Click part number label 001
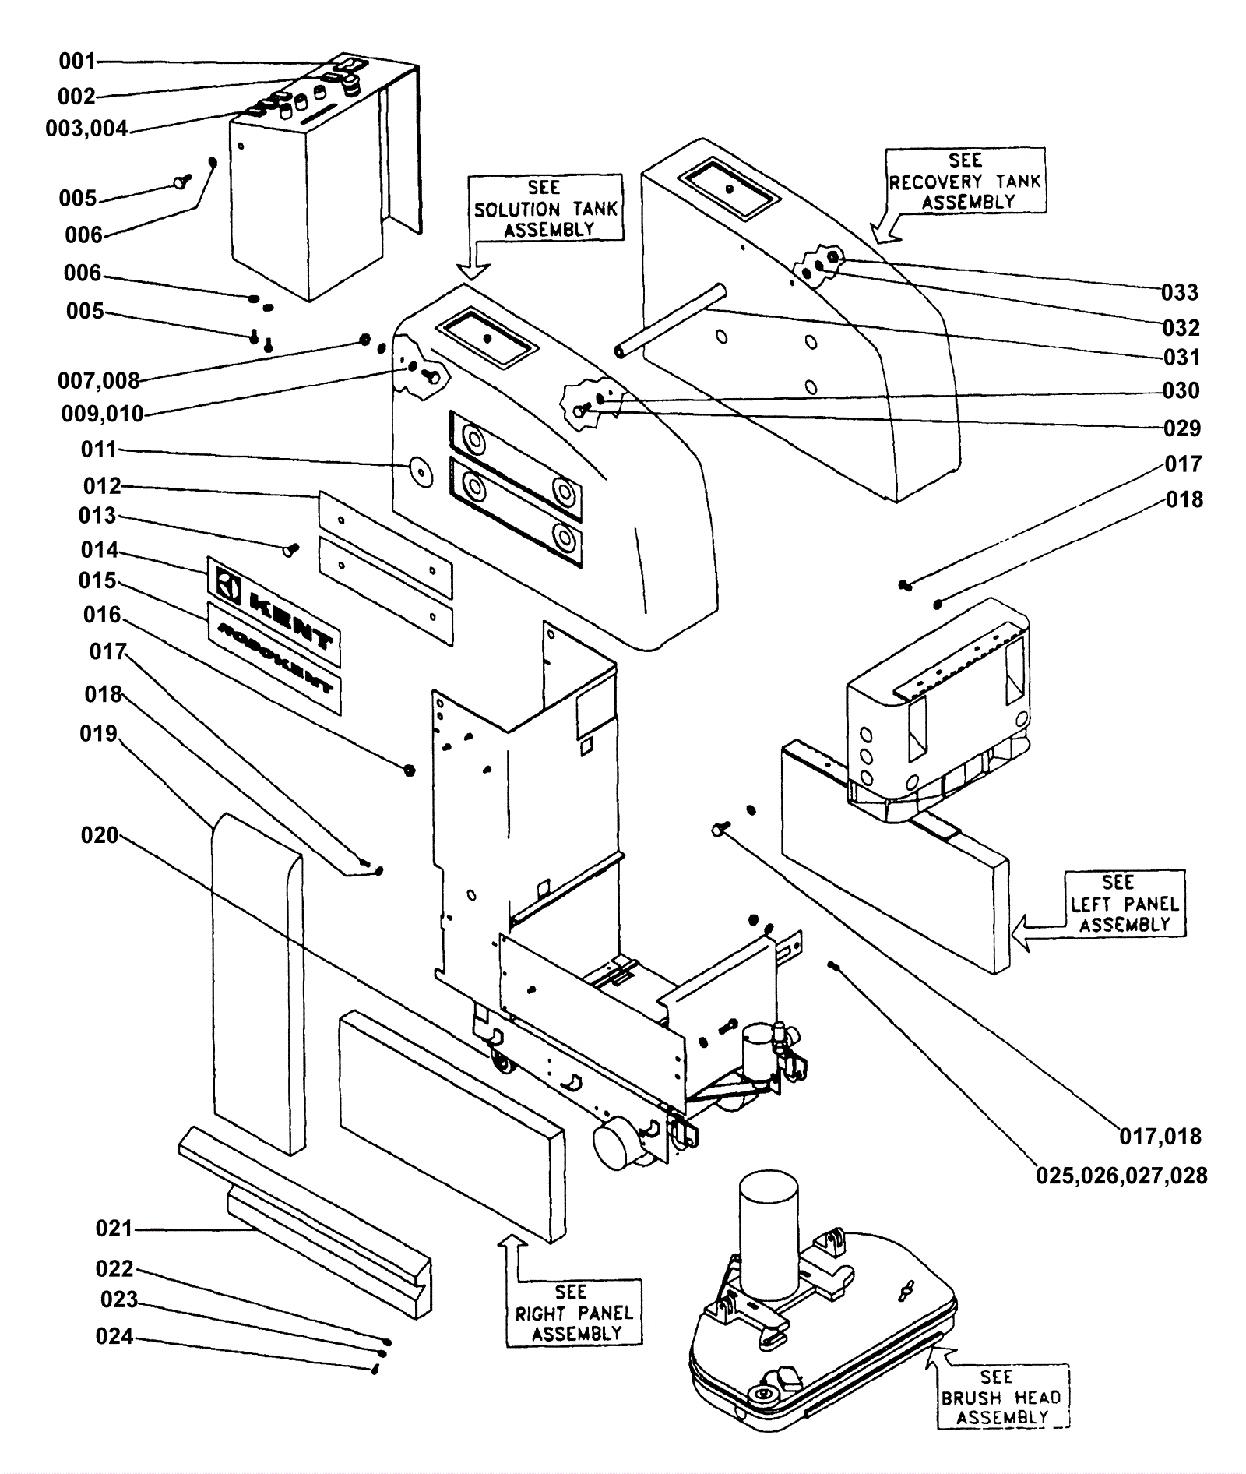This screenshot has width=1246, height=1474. [x=77, y=61]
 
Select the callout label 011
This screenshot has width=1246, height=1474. [x=99, y=450]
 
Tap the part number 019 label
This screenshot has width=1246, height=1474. [x=99, y=734]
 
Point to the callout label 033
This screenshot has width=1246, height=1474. [x=1180, y=293]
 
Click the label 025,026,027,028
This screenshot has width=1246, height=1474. [x=1121, y=1176]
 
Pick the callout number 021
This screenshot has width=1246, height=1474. [x=114, y=1229]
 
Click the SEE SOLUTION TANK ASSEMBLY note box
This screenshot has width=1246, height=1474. [x=545, y=208]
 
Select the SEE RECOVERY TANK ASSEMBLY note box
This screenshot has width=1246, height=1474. [x=965, y=181]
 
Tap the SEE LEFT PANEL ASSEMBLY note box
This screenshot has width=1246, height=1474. [x=1125, y=903]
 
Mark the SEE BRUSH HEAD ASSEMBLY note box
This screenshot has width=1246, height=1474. [x=1002, y=1397]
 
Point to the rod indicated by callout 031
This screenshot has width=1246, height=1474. [x=671, y=320]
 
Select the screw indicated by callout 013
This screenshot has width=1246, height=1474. [x=290, y=550]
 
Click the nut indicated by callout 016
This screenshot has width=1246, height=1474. [x=409, y=770]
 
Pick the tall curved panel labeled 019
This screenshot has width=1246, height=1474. [x=257, y=983]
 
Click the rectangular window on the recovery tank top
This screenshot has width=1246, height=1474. [x=728, y=189]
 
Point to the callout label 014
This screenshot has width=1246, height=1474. [x=100, y=550]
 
